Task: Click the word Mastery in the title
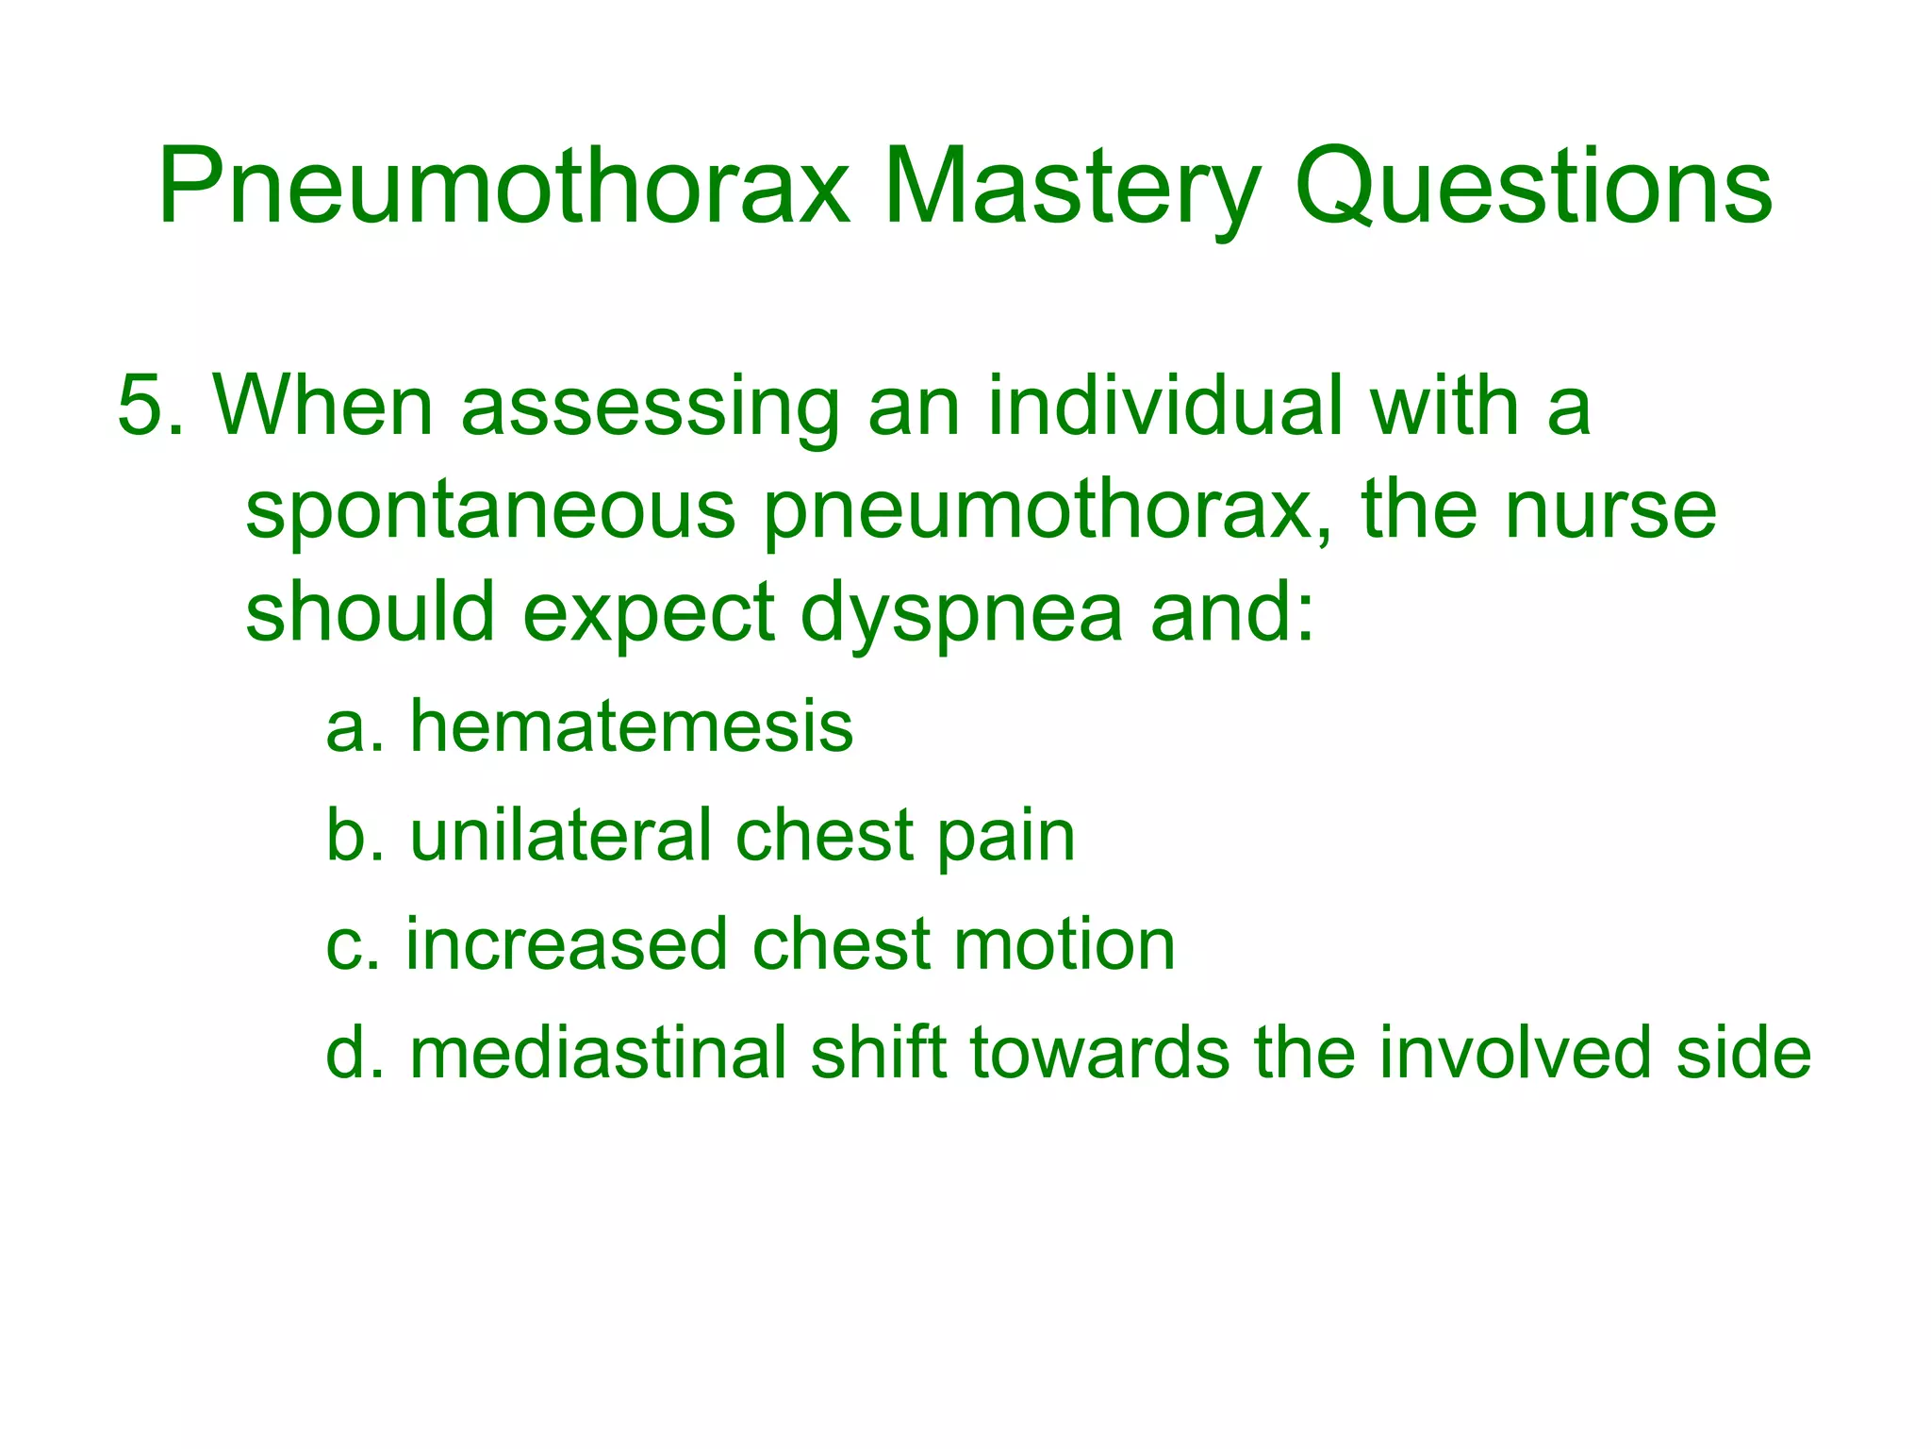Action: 1071,189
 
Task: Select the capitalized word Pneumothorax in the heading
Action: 504,189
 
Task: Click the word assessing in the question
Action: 650,408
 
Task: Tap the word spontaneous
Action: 490,512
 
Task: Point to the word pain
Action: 1006,838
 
